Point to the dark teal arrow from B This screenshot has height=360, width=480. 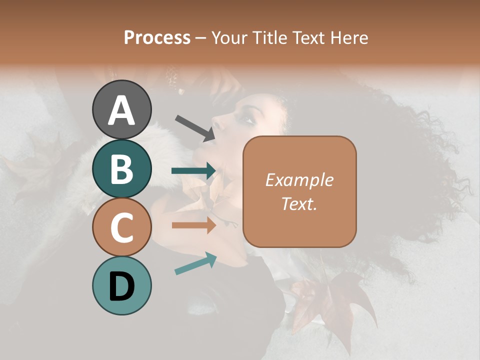[x=194, y=171]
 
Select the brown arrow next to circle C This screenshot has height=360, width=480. [x=194, y=225]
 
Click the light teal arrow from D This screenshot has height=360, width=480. [x=195, y=263]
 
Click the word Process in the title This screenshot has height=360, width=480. [x=157, y=38]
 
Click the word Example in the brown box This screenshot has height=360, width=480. [x=299, y=180]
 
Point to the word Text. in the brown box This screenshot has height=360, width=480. [x=299, y=203]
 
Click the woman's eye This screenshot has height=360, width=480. [x=246, y=118]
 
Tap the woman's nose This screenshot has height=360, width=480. [x=216, y=121]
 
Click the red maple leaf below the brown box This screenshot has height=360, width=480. [x=336, y=300]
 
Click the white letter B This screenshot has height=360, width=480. [x=121, y=169]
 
